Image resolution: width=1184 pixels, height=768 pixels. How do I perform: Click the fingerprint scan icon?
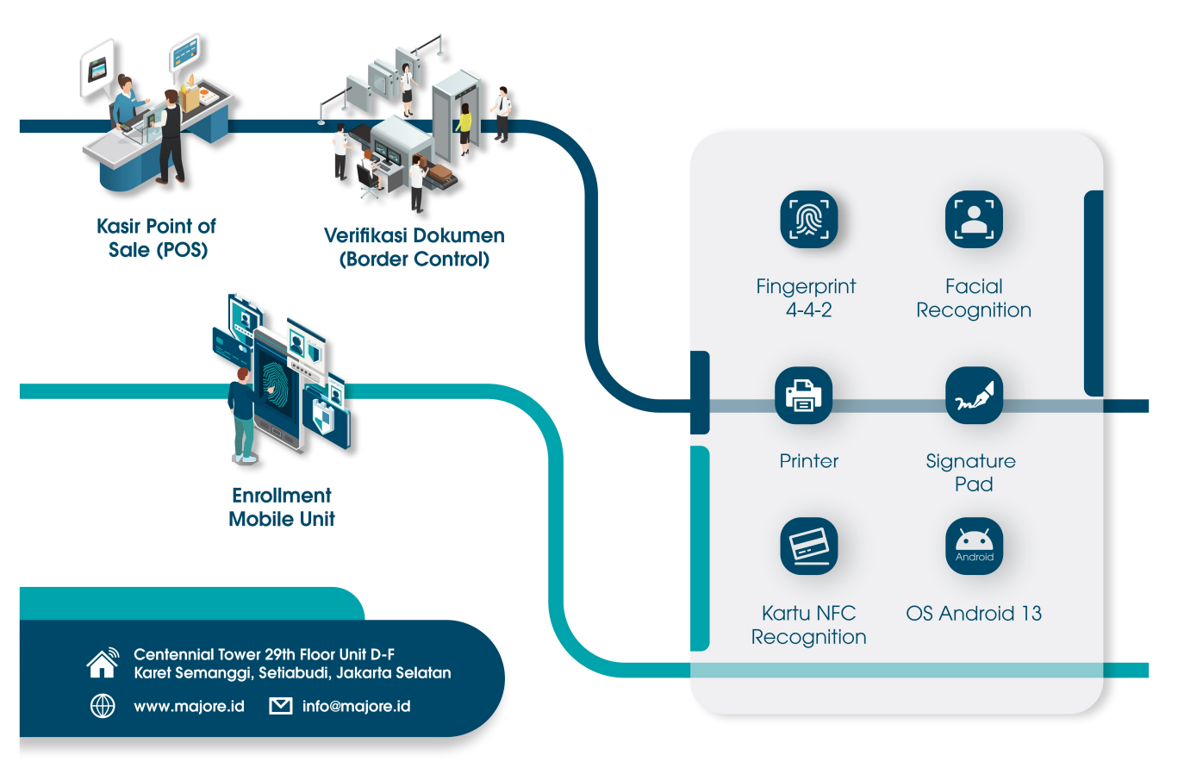click(x=808, y=219)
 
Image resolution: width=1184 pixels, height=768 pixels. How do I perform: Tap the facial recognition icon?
click(x=974, y=219)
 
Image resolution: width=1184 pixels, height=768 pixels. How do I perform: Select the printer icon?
click(x=803, y=396)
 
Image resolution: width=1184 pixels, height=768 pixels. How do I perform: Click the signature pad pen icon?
click(x=974, y=396)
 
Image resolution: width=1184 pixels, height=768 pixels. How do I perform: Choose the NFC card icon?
click(x=808, y=546)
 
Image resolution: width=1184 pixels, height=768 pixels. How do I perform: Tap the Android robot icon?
click(x=974, y=545)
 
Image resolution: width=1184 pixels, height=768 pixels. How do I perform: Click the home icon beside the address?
click(x=103, y=663)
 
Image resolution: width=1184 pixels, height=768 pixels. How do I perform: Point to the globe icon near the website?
click(x=103, y=706)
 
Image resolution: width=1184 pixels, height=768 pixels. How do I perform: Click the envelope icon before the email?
click(x=281, y=706)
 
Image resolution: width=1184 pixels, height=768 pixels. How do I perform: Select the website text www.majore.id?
click(x=189, y=707)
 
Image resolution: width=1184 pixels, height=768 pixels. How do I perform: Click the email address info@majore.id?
click(x=356, y=707)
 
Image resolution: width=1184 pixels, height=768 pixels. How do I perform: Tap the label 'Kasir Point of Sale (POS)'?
click(x=157, y=238)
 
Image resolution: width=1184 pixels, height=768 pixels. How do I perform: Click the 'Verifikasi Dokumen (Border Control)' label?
click(x=414, y=247)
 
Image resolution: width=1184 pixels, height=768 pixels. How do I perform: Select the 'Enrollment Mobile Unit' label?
click(x=282, y=507)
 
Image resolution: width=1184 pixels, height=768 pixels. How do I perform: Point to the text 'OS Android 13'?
click(x=974, y=614)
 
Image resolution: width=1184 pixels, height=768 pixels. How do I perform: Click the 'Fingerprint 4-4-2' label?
click(x=807, y=298)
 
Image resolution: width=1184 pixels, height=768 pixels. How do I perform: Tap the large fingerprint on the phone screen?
click(x=277, y=384)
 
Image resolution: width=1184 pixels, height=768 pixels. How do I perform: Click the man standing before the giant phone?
click(x=242, y=415)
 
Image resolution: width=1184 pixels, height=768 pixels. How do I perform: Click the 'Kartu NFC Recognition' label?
click(x=808, y=625)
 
